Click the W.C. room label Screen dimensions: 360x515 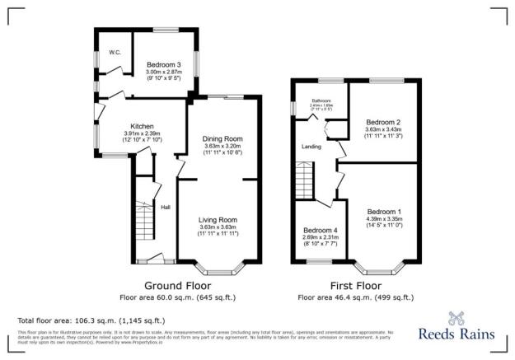115,52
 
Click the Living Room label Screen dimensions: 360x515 218,220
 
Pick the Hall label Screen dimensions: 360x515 165,207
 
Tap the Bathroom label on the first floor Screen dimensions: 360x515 321,101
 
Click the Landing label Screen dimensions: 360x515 311,147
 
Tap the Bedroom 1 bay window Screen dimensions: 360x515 381,268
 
